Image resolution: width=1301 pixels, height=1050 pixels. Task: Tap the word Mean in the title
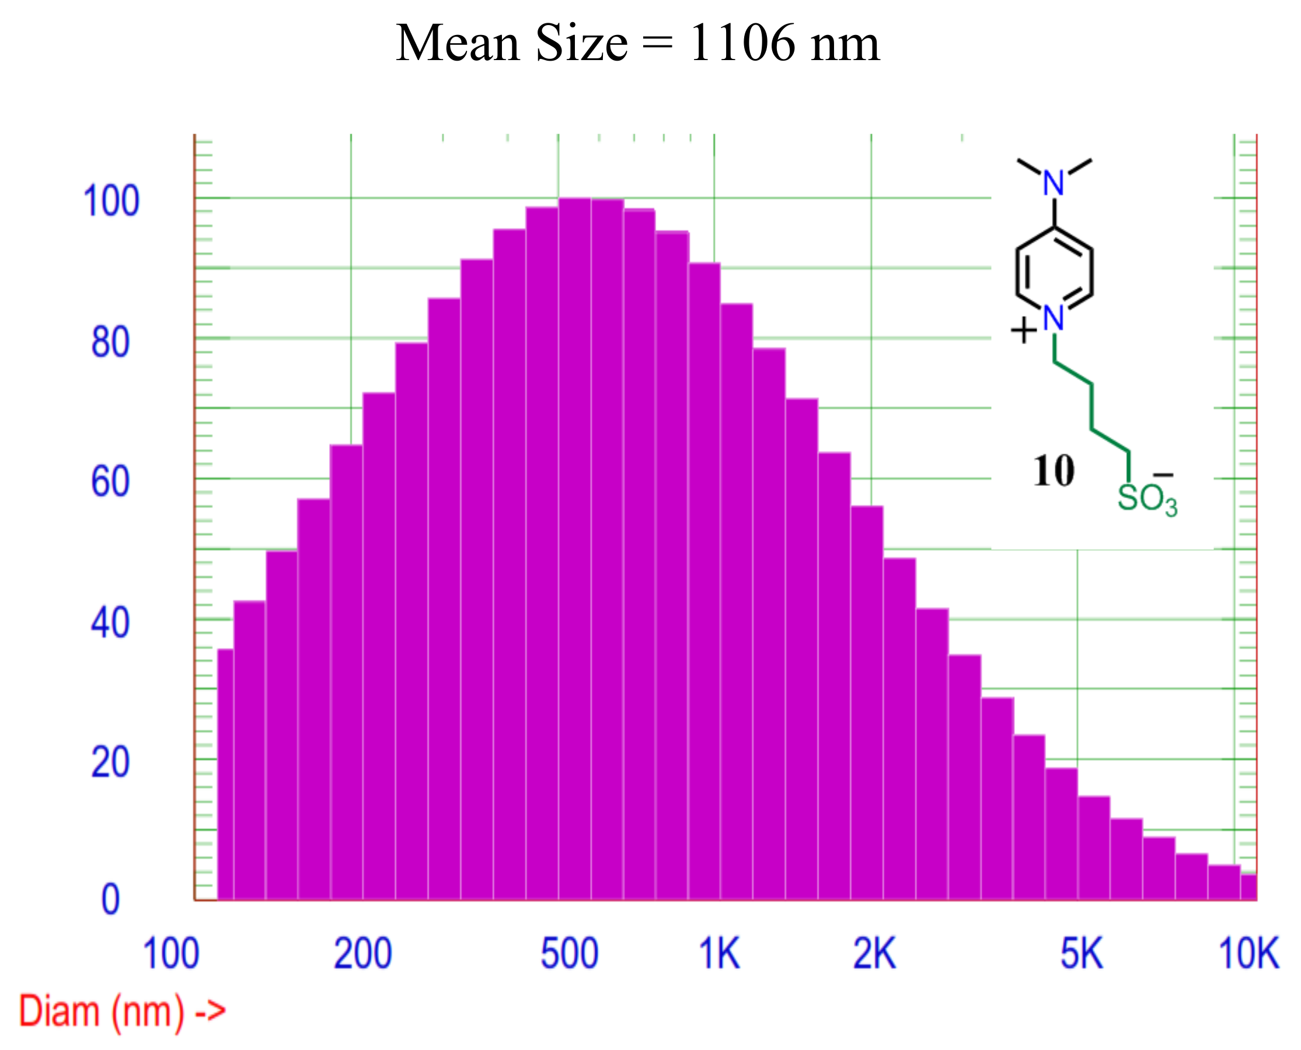(458, 44)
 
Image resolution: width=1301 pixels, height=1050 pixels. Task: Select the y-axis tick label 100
(111, 201)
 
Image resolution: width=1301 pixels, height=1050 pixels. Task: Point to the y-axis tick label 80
(110, 342)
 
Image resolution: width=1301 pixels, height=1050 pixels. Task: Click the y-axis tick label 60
(110, 482)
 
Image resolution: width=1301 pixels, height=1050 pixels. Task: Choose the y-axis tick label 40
(110, 623)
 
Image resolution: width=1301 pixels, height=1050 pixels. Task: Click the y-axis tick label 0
(110, 900)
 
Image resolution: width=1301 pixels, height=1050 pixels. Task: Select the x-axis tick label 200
(363, 954)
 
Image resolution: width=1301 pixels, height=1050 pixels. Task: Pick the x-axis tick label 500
(570, 954)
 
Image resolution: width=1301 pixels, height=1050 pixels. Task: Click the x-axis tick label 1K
(720, 954)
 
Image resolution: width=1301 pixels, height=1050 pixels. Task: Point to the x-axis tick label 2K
(874, 954)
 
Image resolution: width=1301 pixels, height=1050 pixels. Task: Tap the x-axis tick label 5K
(1082, 954)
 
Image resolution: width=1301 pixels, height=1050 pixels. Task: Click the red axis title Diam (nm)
(102, 1012)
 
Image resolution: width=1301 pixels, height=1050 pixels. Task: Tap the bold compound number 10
(1054, 471)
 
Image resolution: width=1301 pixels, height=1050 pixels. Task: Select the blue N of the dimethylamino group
(1054, 183)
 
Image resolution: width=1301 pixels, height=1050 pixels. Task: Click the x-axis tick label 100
(171, 954)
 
